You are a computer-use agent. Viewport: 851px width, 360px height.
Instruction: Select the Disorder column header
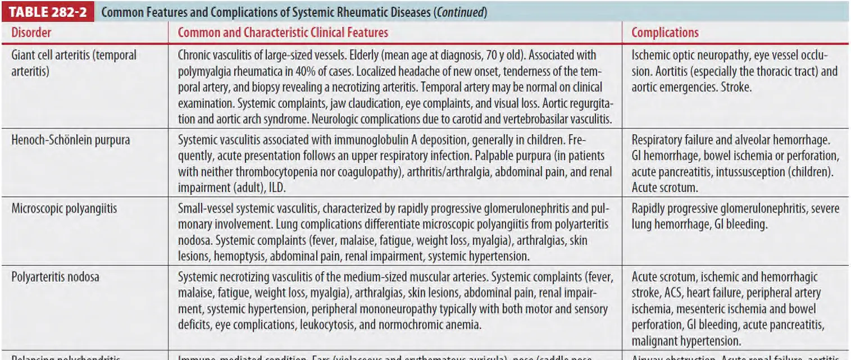(x=31, y=33)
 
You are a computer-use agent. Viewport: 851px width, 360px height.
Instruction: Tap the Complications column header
(x=665, y=33)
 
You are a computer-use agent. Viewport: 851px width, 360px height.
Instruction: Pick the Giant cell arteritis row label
(x=74, y=56)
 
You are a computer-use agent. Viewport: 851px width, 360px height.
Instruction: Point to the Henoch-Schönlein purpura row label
(x=70, y=140)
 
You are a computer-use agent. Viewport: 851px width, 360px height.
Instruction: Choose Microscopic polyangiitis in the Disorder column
(x=64, y=208)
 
